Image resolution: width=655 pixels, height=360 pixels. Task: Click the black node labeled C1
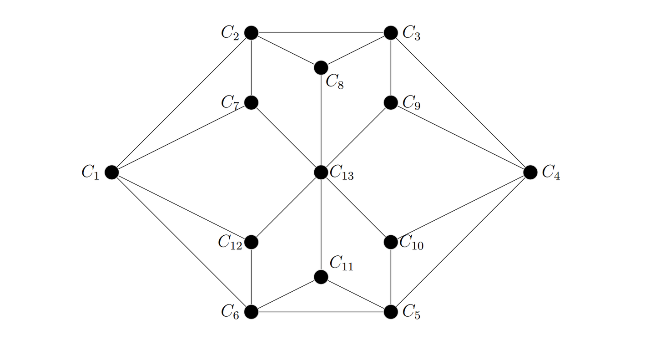tap(112, 172)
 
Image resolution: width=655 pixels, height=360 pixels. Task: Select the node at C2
tap(251, 32)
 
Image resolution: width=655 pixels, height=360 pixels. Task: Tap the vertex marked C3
tap(391, 32)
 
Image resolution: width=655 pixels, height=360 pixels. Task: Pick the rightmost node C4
tap(530, 172)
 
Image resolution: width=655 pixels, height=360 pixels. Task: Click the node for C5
tap(391, 312)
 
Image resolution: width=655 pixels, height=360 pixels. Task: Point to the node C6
tap(251, 312)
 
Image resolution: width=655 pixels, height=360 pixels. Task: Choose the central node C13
tap(321, 172)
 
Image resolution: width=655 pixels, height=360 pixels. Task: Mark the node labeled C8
tap(321, 68)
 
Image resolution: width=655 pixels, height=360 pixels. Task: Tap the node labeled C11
tap(321, 277)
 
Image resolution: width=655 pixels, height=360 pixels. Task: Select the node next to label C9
tap(391, 102)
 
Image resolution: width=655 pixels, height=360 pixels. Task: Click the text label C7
tap(230, 103)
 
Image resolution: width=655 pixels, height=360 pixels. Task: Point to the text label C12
tap(230, 242)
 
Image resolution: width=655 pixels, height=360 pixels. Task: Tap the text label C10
tap(411, 242)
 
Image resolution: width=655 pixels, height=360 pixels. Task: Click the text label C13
tap(342, 172)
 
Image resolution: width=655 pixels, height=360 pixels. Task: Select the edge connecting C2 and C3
tap(321, 32)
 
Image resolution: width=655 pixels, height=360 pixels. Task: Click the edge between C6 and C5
tap(321, 312)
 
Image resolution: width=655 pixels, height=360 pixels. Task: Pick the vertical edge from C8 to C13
tap(321, 120)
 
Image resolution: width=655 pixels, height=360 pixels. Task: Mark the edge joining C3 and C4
tap(460, 102)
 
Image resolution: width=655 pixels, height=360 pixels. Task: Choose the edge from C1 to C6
tap(181, 242)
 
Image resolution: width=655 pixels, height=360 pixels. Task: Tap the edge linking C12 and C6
tap(251, 277)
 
